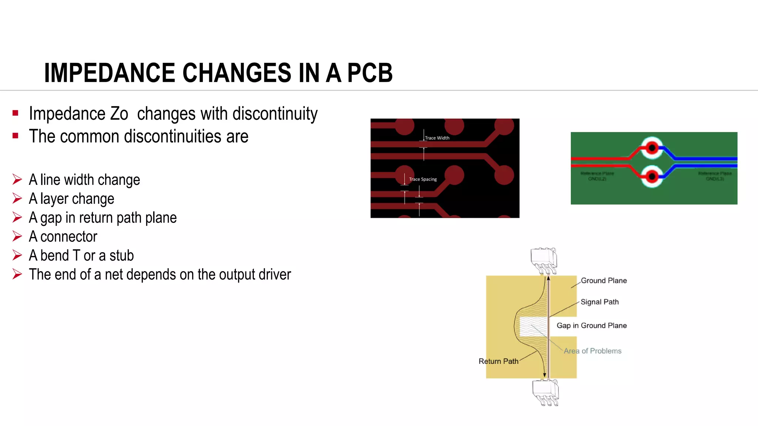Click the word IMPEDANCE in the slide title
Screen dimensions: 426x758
coord(109,73)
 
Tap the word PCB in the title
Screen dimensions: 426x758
coord(370,73)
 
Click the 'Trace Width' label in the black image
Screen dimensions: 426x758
coord(437,138)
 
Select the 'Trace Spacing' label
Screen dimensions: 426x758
coord(423,179)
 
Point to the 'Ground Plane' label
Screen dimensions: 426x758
coord(604,281)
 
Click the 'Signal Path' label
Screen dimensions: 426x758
coord(600,302)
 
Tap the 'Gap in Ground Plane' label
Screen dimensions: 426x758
coord(591,326)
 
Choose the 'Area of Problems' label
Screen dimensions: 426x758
coord(592,351)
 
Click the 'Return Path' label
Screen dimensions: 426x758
coord(498,361)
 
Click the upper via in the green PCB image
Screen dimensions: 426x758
coord(652,148)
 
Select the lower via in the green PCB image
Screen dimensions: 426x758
coord(652,176)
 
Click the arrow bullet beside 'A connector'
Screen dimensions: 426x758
coord(17,236)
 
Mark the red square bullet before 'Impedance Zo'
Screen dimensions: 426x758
coord(15,113)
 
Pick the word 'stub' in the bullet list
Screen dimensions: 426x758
coord(121,256)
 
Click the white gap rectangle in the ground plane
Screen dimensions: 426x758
coord(533,326)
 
